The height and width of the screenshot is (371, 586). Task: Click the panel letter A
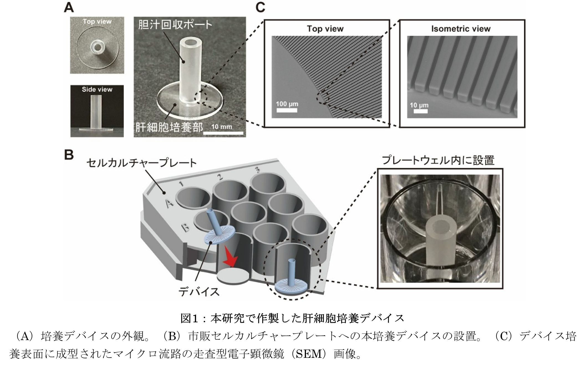point(69,8)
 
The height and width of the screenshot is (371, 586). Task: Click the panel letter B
point(69,155)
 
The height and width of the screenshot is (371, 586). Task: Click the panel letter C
point(260,8)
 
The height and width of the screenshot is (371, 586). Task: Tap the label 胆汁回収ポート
point(175,25)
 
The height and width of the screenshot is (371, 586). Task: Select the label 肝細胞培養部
point(169,127)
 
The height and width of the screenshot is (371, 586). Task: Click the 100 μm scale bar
point(287,110)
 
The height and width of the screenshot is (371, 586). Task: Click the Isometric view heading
point(461,29)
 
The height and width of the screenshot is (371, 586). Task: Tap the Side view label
point(97,89)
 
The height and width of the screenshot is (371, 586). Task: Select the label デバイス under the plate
point(199,292)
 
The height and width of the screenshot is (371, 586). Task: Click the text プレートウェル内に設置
point(438,160)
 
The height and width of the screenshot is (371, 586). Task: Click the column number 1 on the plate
point(181,184)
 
